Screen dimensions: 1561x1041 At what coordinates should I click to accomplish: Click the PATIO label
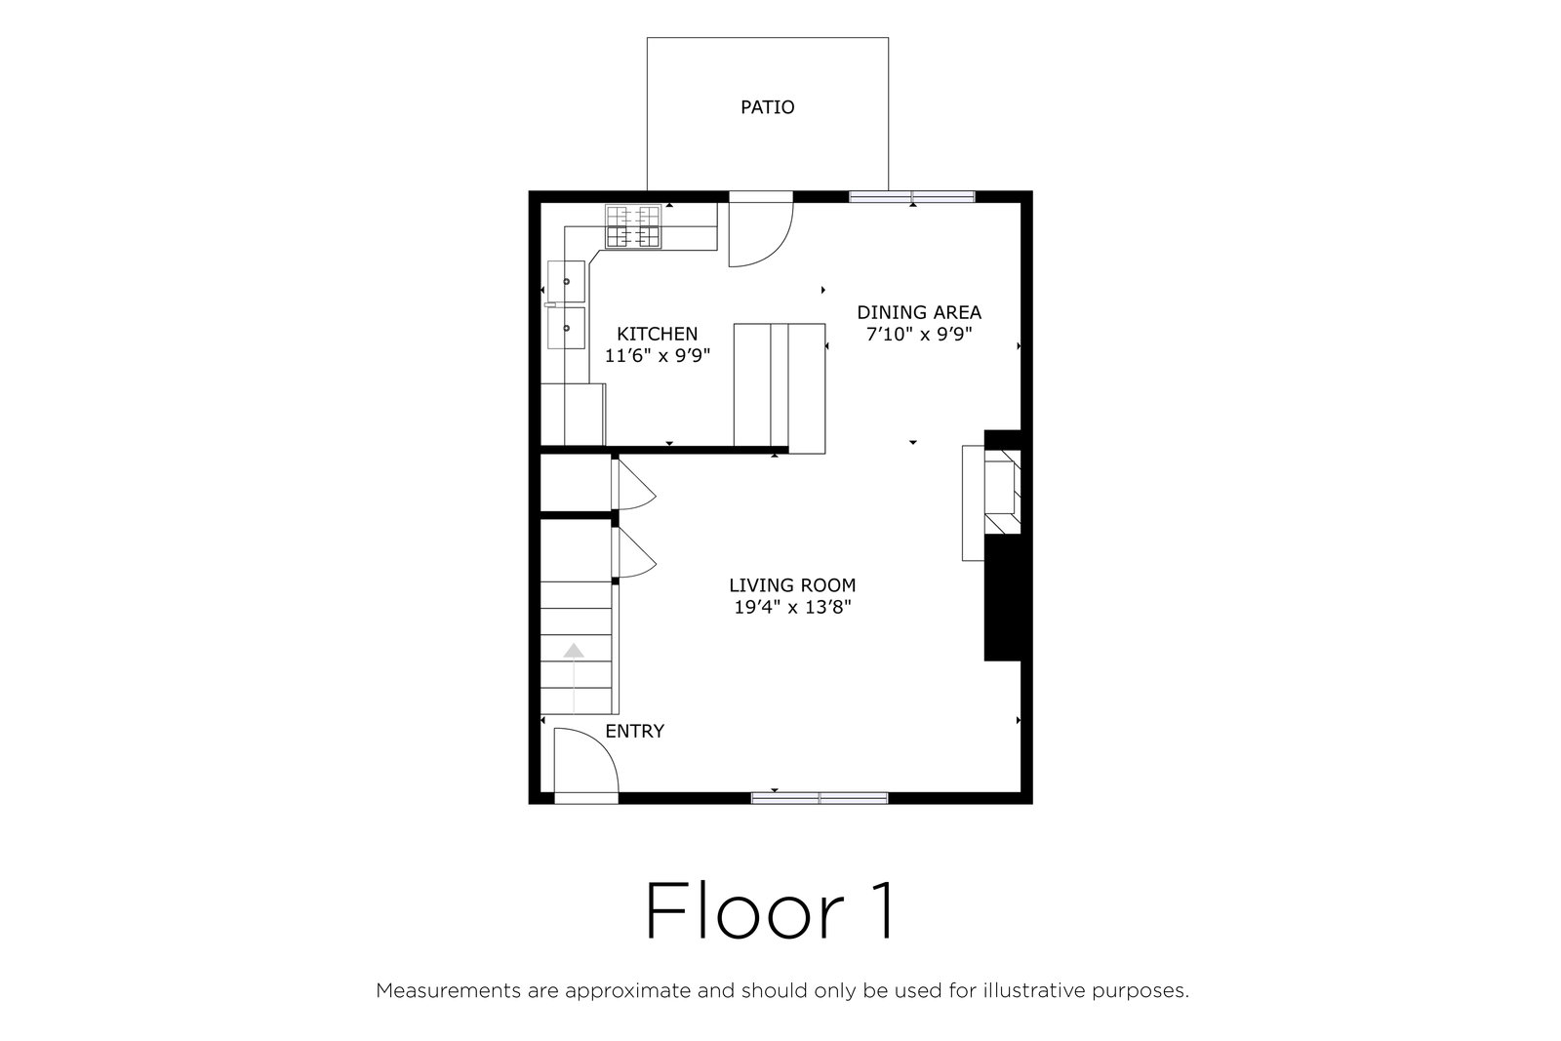tap(767, 107)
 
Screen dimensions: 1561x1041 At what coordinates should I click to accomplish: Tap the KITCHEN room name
tap(658, 334)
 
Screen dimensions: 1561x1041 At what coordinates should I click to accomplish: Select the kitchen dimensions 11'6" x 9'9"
tap(658, 356)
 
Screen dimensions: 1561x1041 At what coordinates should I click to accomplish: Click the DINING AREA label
tap(918, 312)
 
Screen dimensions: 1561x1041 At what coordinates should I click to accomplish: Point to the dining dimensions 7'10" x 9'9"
tap(918, 335)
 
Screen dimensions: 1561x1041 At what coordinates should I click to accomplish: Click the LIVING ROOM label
tap(792, 585)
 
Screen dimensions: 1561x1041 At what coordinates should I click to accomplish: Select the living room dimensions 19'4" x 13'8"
tap(792, 608)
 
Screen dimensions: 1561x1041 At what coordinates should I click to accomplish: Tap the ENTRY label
tap(634, 731)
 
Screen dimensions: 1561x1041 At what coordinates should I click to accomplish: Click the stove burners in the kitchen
tap(633, 226)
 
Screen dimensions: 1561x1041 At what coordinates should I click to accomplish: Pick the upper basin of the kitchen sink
tap(566, 282)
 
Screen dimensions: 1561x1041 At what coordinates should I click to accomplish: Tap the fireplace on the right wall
tap(1002, 492)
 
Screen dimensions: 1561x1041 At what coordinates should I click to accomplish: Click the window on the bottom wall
tap(820, 798)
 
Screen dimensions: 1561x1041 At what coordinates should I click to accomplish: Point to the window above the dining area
tap(911, 196)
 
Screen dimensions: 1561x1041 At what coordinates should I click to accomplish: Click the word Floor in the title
tap(745, 910)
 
